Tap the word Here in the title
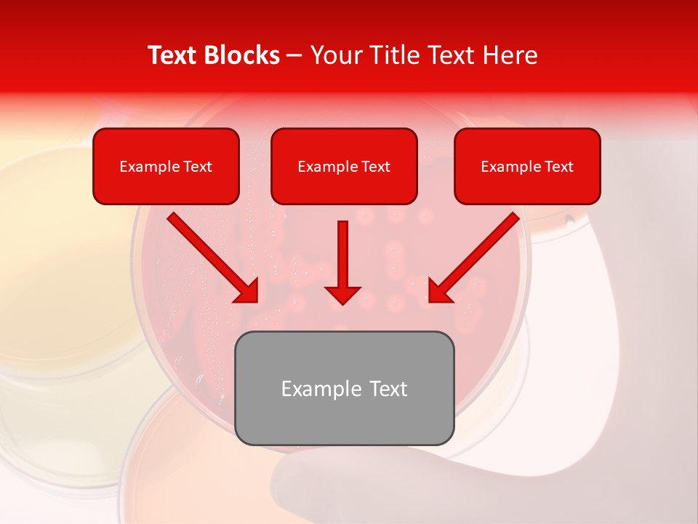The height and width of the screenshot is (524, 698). tap(510, 55)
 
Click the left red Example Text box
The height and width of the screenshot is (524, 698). tap(166, 167)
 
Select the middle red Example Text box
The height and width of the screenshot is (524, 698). tap(344, 167)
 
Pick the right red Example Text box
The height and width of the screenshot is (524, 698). tap(527, 167)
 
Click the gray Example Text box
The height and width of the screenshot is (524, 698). tap(344, 388)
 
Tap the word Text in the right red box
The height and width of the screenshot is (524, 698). tap(559, 167)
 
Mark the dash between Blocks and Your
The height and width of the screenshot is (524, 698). tap(294, 56)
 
